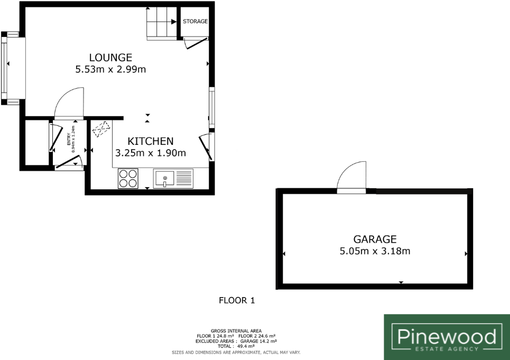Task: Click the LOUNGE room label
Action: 110,58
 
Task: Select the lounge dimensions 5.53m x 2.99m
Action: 110,69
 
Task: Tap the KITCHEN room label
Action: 151,141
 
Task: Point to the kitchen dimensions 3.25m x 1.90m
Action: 151,153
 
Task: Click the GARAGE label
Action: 375,239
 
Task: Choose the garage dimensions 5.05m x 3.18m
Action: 375,251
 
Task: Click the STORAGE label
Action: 195,22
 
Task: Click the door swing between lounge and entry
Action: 67,103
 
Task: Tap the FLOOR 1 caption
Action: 237,301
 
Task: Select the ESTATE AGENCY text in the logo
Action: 447,348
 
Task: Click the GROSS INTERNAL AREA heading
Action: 236,331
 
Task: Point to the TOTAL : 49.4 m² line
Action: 236,346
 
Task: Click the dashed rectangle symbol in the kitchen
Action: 101,130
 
